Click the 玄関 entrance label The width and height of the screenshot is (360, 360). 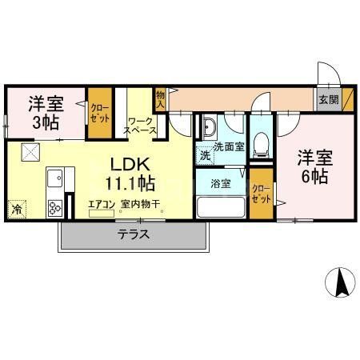329,100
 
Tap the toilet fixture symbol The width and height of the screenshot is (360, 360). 260,142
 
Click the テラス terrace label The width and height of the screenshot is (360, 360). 134,235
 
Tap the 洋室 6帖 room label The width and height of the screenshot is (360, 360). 313,166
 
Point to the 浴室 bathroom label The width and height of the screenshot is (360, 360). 222,183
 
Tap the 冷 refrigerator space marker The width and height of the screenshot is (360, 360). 17,210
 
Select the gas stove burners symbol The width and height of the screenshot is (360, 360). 55,208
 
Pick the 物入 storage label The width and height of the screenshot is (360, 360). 160,99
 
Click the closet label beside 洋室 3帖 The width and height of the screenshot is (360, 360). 99,113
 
